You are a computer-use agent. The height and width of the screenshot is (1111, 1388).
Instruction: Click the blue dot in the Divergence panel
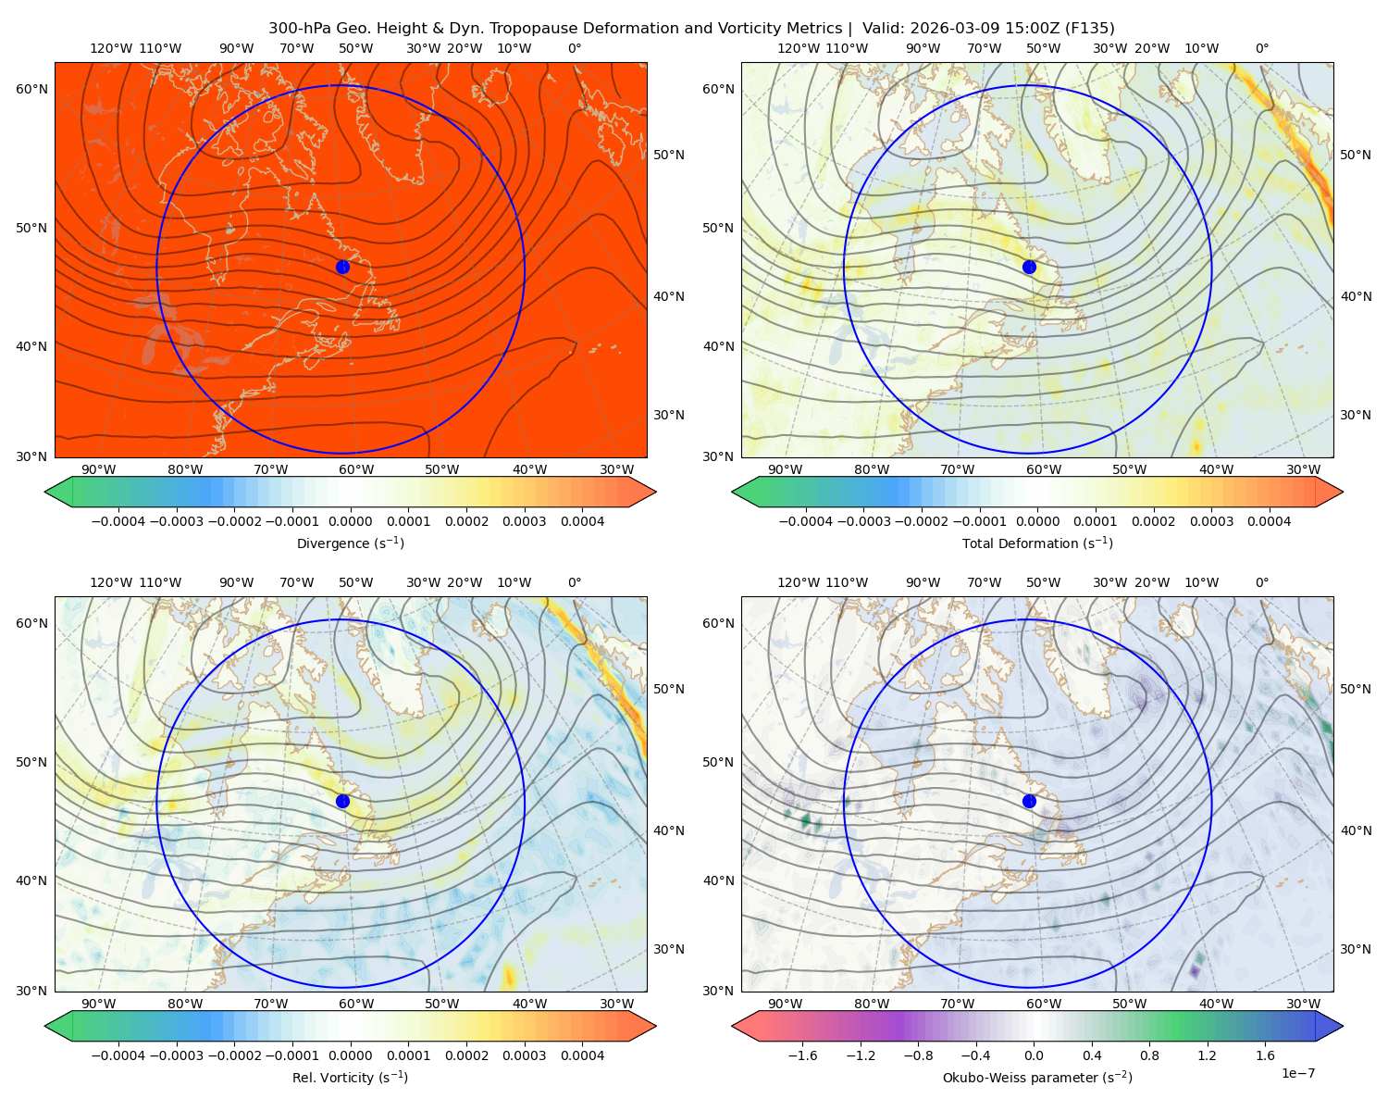(x=342, y=267)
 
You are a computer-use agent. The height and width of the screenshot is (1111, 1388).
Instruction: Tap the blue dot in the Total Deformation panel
(x=1029, y=267)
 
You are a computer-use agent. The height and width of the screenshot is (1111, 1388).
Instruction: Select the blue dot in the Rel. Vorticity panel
(x=342, y=801)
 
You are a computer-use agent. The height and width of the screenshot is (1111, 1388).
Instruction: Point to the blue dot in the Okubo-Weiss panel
(x=1029, y=801)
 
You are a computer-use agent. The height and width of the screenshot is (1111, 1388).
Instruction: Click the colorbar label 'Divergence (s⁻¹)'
(x=350, y=543)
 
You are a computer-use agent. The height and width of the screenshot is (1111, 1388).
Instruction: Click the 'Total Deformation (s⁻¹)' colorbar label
(x=1037, y=543)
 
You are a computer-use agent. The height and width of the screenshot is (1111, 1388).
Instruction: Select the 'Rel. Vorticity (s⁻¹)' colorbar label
(x=350, y=1077)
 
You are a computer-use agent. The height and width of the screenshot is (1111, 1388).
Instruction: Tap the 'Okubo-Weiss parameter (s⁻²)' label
(x=1037, y=1077)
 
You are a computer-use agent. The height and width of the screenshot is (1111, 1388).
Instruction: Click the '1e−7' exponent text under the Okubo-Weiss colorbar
(x=1297, y=1073)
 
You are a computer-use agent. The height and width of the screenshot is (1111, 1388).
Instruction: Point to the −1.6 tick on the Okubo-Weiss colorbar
(x=802, y=1055)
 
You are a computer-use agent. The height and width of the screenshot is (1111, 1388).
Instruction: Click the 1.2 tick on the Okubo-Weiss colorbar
(x=1207, y=1055)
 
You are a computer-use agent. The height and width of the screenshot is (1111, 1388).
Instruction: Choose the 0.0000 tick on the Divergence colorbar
(x=350, y=521)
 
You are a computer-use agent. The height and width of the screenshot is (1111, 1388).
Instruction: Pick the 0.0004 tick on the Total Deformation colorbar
(x=1269, y=521)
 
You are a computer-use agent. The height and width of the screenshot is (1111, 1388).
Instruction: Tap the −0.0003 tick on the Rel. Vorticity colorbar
(x=176, y=1055)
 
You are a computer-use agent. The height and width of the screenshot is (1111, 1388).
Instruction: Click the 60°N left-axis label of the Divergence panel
(x=31, y=89)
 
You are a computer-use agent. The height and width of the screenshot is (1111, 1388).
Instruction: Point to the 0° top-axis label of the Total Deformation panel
(x=1261, y=48)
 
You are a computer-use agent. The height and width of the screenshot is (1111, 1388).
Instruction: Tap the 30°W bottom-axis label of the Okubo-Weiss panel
(x=1303, y=1004)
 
